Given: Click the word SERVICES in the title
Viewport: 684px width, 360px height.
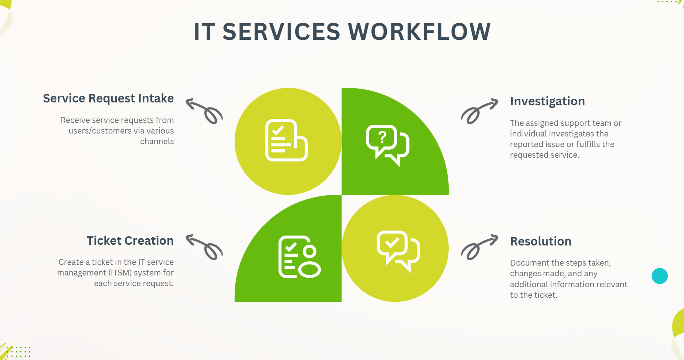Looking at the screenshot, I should [281, 31].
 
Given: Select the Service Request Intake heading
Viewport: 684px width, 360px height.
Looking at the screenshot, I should [108, 98].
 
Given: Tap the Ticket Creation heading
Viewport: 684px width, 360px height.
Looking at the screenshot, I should [130, 241].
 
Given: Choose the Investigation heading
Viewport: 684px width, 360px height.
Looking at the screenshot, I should [547, 101].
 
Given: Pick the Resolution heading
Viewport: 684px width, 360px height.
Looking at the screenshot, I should [541, 241].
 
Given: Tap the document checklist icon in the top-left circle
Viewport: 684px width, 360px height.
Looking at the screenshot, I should [286, 140].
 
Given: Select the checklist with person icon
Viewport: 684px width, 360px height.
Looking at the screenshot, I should [299, 257].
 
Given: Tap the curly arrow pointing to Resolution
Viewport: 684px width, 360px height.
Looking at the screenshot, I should [479, 247].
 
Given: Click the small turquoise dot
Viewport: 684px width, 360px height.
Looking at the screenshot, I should [659, 276].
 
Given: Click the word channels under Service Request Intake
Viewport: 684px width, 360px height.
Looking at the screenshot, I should [157, 142].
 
